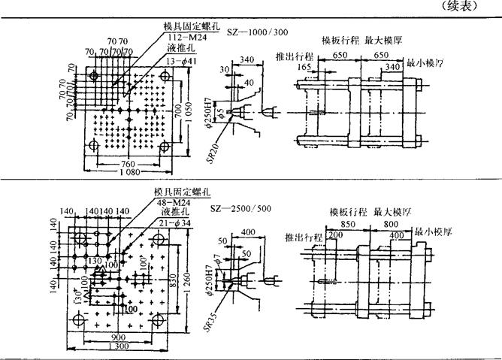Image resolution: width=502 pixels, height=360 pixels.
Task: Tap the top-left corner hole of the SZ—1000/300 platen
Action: [x=93, y=77]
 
